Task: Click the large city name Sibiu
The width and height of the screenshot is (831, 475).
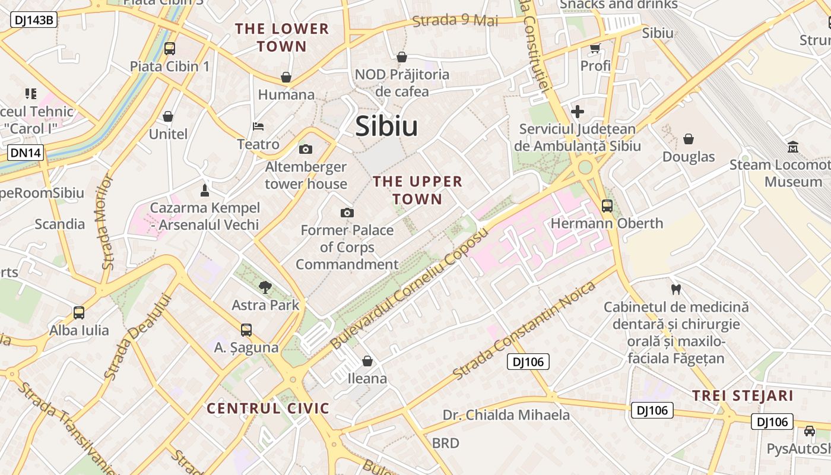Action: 386,126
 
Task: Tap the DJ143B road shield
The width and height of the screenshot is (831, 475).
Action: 34,20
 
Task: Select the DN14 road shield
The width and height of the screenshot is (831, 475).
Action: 26,153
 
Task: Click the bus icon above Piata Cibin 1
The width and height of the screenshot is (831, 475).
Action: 170,49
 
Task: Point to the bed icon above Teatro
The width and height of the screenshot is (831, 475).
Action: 258,126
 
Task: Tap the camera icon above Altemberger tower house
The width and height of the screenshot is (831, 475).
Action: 306,149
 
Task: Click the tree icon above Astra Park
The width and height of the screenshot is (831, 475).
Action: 265,288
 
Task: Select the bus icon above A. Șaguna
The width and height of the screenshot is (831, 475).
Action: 246,330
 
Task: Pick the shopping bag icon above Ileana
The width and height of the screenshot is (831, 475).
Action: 367,361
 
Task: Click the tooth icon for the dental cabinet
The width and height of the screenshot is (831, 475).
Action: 675,290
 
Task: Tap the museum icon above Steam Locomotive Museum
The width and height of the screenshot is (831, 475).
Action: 793,147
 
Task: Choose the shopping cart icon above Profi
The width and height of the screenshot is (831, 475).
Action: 595,48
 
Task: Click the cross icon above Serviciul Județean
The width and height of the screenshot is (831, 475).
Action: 577,111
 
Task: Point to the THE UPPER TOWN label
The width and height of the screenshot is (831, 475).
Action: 417,190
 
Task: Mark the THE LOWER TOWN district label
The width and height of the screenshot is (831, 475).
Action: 282,37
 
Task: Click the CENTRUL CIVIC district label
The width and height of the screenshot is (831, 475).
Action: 268,408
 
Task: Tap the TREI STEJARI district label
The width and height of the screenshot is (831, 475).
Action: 743,396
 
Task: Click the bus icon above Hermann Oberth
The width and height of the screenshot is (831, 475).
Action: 607,206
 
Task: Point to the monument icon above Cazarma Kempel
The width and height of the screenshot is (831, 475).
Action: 205,191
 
